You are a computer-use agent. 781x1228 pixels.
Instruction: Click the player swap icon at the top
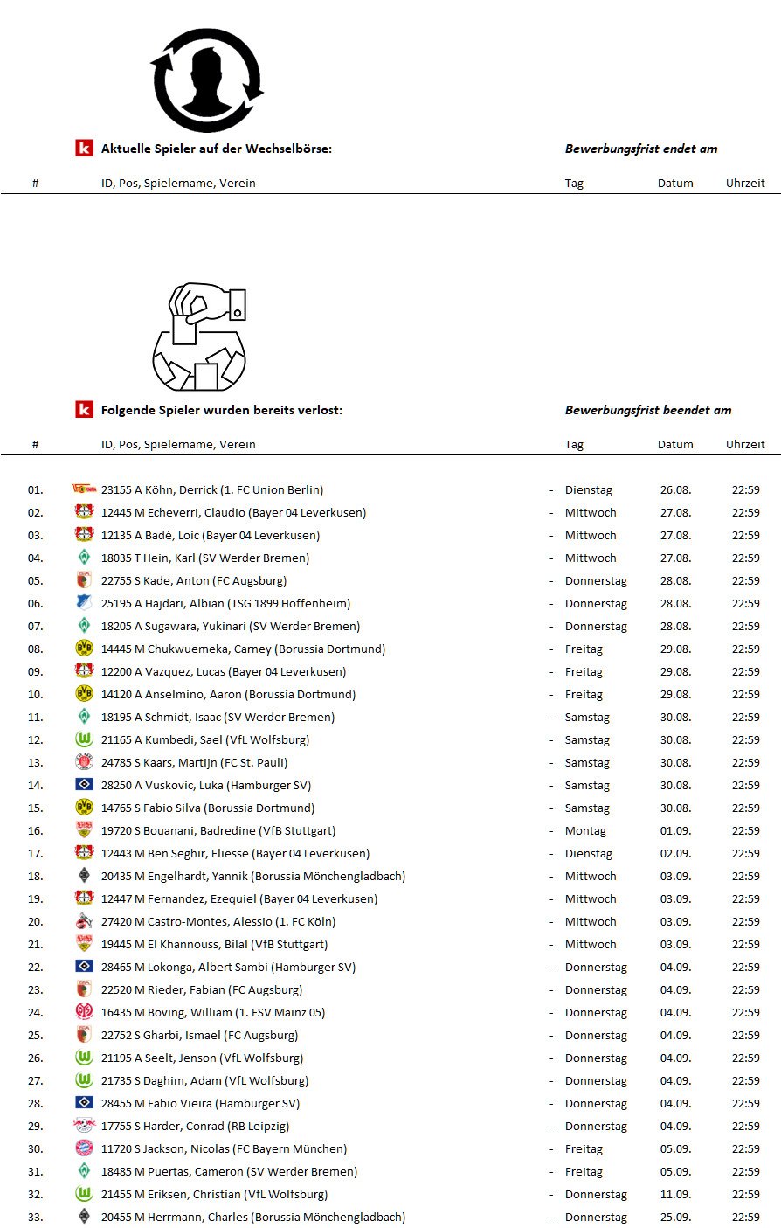pos(207,80)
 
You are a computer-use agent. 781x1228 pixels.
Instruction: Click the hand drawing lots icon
pos(200,336)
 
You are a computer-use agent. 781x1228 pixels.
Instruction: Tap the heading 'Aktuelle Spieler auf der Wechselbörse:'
pos(216,149)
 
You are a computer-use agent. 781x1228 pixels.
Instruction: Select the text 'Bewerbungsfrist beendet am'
pos(648,410)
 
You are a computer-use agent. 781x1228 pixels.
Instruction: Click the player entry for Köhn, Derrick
pos(211,489)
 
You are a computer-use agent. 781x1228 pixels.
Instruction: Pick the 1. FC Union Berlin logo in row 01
pos(84,489)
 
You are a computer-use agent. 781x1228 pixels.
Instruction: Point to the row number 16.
pos(35,830)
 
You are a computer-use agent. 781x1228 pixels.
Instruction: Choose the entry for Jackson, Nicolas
pos(224,1148)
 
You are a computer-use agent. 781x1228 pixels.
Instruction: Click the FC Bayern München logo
pos(84,1148)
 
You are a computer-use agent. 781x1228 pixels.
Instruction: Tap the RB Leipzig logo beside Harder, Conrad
pos(84,1126)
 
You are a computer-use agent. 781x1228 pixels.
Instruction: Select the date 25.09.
pos(675,1217)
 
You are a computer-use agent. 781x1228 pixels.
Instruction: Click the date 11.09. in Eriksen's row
pos(675,1194)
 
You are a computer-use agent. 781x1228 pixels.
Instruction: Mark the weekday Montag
pos(585,830)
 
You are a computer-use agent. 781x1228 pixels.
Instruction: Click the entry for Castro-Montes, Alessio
pos(218,921)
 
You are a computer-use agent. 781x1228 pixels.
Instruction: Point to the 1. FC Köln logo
pos(84,921)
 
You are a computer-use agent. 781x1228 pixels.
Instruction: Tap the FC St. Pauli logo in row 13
pos(84,762)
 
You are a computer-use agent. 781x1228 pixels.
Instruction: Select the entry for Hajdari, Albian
pos(225,603)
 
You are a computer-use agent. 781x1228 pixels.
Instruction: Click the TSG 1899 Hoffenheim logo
pos(84,603)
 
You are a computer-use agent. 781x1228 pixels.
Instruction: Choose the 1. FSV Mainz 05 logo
pos(84,1012)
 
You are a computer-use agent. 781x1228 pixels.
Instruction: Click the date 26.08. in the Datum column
pos(675,489)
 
